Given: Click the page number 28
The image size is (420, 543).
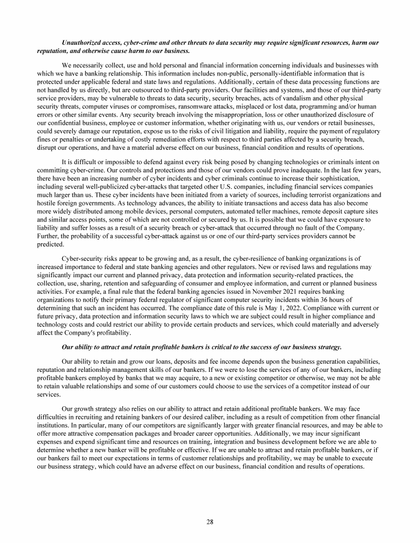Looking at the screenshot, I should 210,521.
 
